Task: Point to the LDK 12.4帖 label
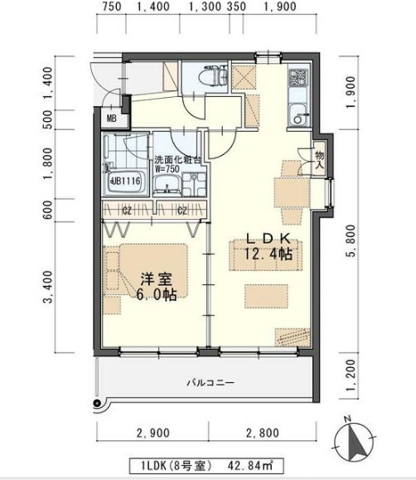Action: point(266,248)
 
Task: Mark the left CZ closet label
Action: point(127,211)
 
